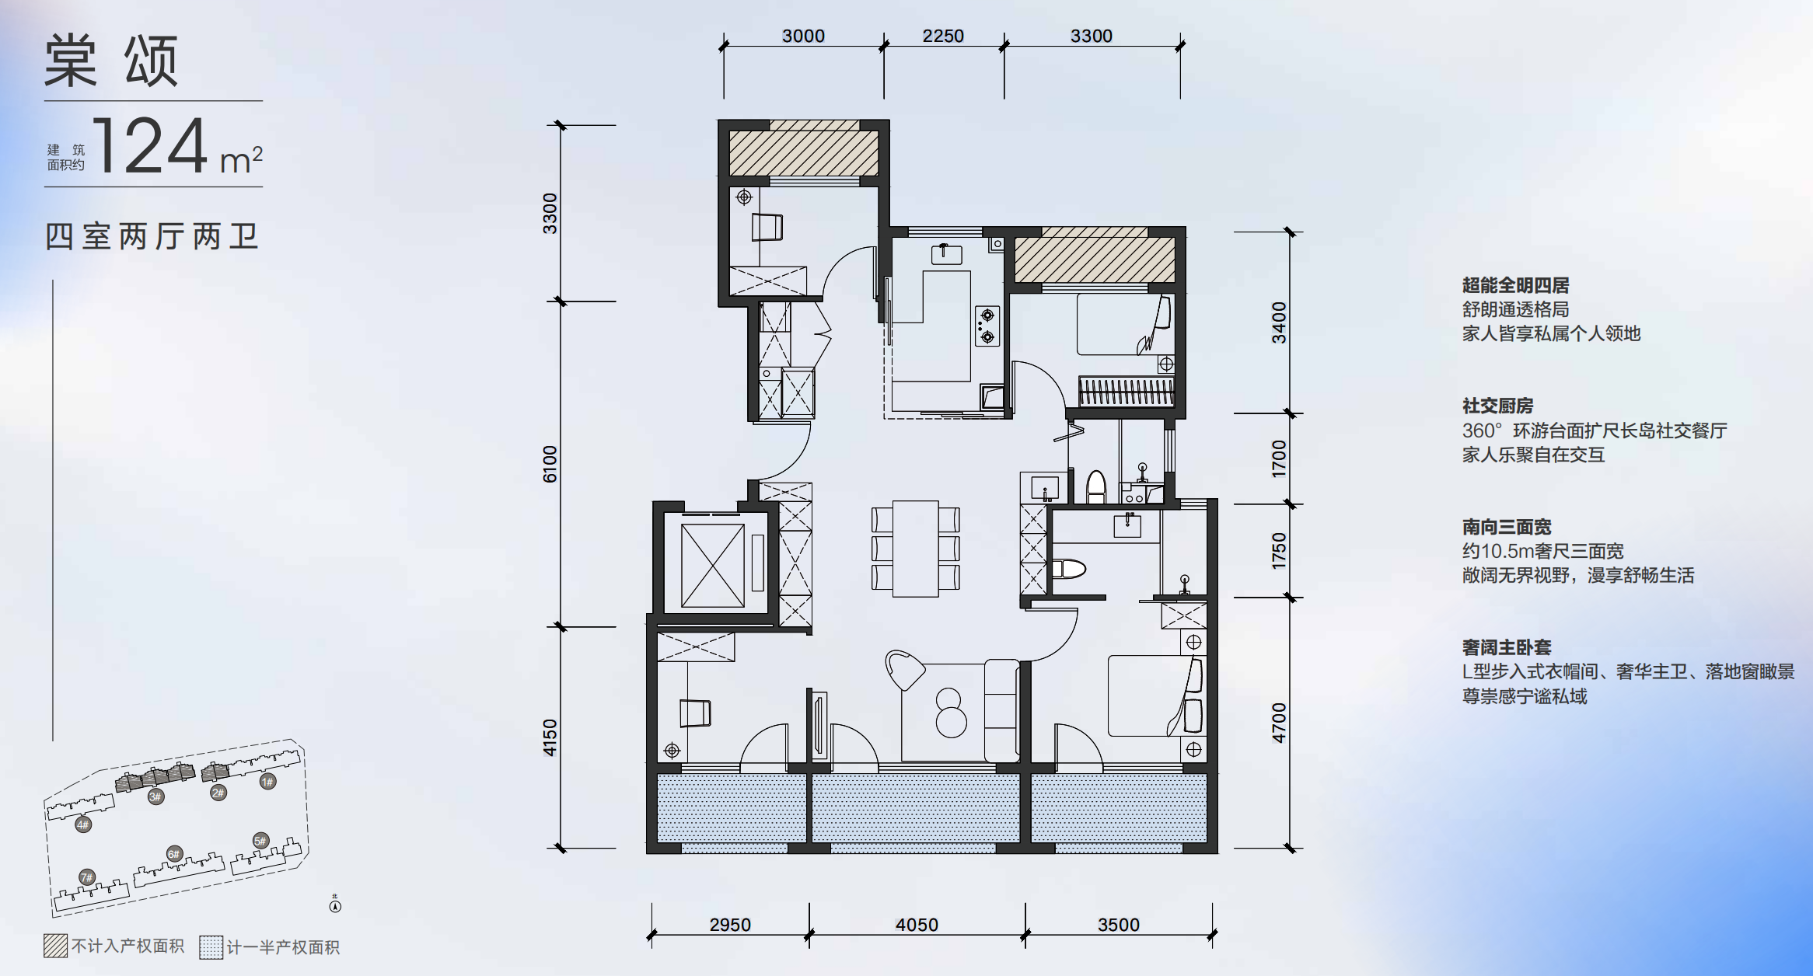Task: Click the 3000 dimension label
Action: coord(803,36)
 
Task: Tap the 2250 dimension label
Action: coord(943,36)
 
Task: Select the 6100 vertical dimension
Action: coord(550,464)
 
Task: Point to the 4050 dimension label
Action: coord(917,925)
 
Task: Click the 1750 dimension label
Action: coord(1279,551)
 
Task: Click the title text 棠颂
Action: coord(112,61)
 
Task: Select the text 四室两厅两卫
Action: coord(152,236)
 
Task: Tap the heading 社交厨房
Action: coord(1497,406)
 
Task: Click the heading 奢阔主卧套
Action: coord(1506,647)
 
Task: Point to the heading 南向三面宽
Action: coord(1506,527)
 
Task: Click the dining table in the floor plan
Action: coord(915,549)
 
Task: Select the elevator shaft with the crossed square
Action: coord(713,565)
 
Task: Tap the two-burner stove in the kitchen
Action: coord(987,326)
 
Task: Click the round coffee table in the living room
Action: coord(950,713)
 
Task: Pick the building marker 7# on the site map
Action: coord(86,877)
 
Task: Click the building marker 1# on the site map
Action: coord(267,781)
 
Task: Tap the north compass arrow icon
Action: coord(335,904)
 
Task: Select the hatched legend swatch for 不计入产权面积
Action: coord(55,946)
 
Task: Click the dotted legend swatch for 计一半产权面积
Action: coord(211,946)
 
